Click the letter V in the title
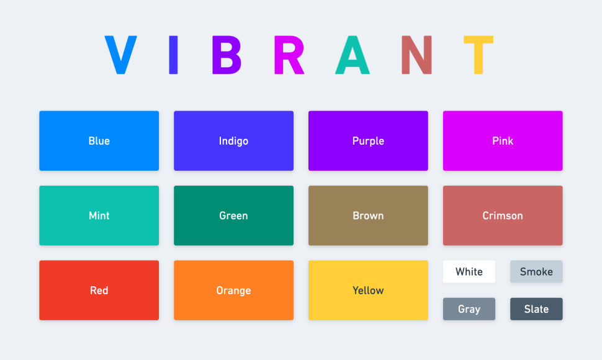point(120,55)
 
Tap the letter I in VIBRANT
point(174,55)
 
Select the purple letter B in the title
point(226,55)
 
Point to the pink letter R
point(289,55)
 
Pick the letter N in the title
point(416,55)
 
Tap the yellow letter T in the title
point(478,55)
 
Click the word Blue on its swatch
point(99,141)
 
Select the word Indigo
point(233,141)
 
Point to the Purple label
point(368,141)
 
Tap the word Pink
point(503,141)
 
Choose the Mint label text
point(99,215)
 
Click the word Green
point(233,215)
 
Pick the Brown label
point(368,215)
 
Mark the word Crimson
point(503,215)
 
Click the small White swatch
point(469,271)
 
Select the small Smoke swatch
point(536,271)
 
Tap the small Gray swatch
point(469,309)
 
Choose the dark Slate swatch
point(536,309)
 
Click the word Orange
point(233,290)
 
